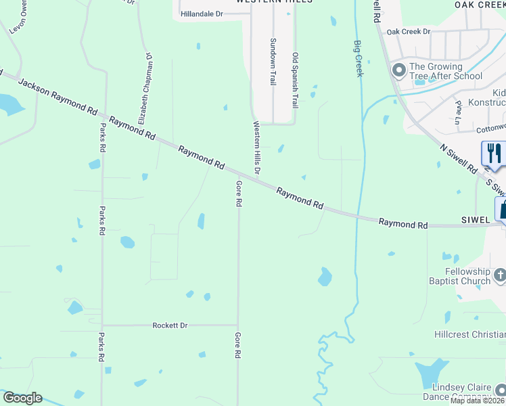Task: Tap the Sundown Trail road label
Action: tap(274, 61)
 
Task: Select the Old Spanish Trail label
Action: tap(295, 80)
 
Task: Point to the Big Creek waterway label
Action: tap(359, 58)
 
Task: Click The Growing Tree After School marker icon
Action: tap(399, 70)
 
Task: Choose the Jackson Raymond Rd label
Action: tap(57, 95)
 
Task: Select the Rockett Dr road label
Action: tap(170, 325)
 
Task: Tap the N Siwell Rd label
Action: tap(458, 160)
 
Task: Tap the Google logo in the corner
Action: tap(22, 398)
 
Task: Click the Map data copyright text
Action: tap(478, 401)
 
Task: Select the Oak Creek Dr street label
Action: tap(408, 32)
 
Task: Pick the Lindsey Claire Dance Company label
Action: tap(462, 392)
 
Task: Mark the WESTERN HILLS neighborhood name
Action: tap(274, 2)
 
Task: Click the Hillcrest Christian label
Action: tap(469, 335)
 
